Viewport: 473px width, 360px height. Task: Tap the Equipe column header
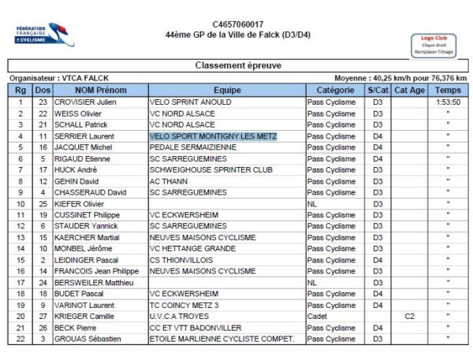pyautogui.click(x=226, y=91)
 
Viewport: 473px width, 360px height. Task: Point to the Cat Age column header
pyautogui.click(x=409, y=91)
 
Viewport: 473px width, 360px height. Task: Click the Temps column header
pyautogui.click(x=448, y=91)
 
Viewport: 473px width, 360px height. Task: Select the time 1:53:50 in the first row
pyautogui.click(x=448, y=102)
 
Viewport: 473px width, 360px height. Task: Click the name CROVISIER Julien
pyautogui.click(x=85, y=102)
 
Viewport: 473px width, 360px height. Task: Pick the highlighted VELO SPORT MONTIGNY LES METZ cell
pyautogui.click(x=213, y=136)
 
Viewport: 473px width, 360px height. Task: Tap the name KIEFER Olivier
pyautogui.click(x=80, y=203)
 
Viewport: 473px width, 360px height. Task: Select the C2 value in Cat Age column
pyautogui.click(x=409, y=316)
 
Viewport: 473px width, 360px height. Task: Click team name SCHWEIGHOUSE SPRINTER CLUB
pyautogui.click(x=210, y=169)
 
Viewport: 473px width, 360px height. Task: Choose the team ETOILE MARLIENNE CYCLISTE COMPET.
pyautogui.click(x=221, y=339)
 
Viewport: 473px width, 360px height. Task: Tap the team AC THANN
pyautogui.click(x=169, y=181)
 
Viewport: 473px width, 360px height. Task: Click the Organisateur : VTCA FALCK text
pyautogui.click(x=58, y=78)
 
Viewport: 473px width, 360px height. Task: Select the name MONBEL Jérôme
pyautogui.click(x=82, y=248)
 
